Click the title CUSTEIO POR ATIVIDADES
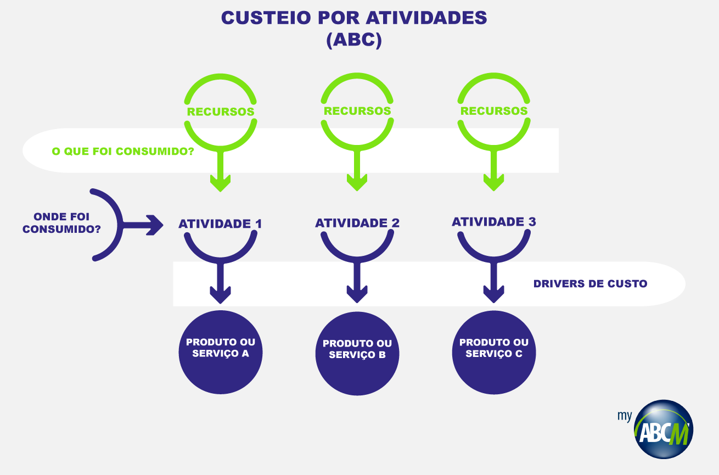click(354, 18)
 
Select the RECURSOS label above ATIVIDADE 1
click(221, 111)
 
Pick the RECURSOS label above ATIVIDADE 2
click(357, 111)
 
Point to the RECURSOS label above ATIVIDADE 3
click(494, 111)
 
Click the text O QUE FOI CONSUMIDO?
click(122, 151)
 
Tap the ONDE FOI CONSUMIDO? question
click(61, 223)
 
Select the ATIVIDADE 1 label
click(220, 224)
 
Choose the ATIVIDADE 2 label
click(357, 223)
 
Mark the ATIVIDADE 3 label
click(494, 222)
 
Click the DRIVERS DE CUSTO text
click(590, 284)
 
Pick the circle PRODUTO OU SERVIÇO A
click(221, 353)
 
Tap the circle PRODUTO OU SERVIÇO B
click(357, 354)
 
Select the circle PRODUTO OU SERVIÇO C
click(494, 353)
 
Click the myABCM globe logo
click(663, 429)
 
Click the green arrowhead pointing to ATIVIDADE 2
click(357, 183)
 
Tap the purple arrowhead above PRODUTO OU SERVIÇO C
click(494, 294)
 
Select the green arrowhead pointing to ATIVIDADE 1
click(221, 183)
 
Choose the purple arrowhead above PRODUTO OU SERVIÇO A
click(221, 295)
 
